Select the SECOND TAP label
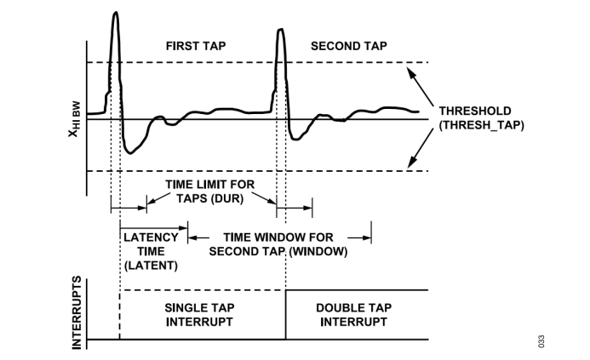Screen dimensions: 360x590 point(347,46)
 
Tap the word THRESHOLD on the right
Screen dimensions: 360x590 point(475,111)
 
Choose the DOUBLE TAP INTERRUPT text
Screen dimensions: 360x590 point(352,314)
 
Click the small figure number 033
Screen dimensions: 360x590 point(541,341)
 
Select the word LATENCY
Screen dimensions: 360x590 point(151,237)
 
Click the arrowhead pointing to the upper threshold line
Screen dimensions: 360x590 point(408,70)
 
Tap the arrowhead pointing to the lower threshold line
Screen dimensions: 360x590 point(410,163)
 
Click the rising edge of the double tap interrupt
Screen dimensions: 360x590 point(285,315)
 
